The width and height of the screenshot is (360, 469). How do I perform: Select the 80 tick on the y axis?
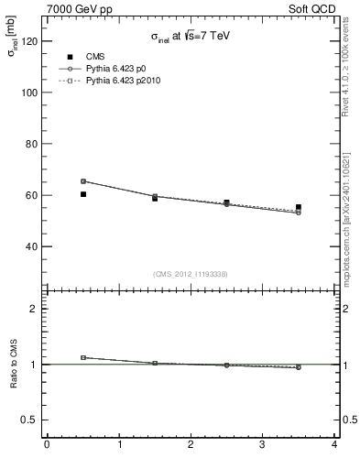[30, 144]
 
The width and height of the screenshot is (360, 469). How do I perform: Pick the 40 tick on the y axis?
[30, 246]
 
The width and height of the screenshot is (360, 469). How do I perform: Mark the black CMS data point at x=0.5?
[83, 194]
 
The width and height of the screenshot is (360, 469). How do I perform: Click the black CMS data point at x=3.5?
[298, 207]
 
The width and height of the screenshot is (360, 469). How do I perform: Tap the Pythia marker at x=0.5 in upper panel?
[83, 181]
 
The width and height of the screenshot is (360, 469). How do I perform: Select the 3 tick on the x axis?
[262, 446]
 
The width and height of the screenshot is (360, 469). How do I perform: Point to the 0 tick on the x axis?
[47, 446]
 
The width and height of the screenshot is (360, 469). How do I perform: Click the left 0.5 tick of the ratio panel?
[30, 420]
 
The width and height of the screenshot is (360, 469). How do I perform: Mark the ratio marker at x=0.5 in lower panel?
[83, 357]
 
